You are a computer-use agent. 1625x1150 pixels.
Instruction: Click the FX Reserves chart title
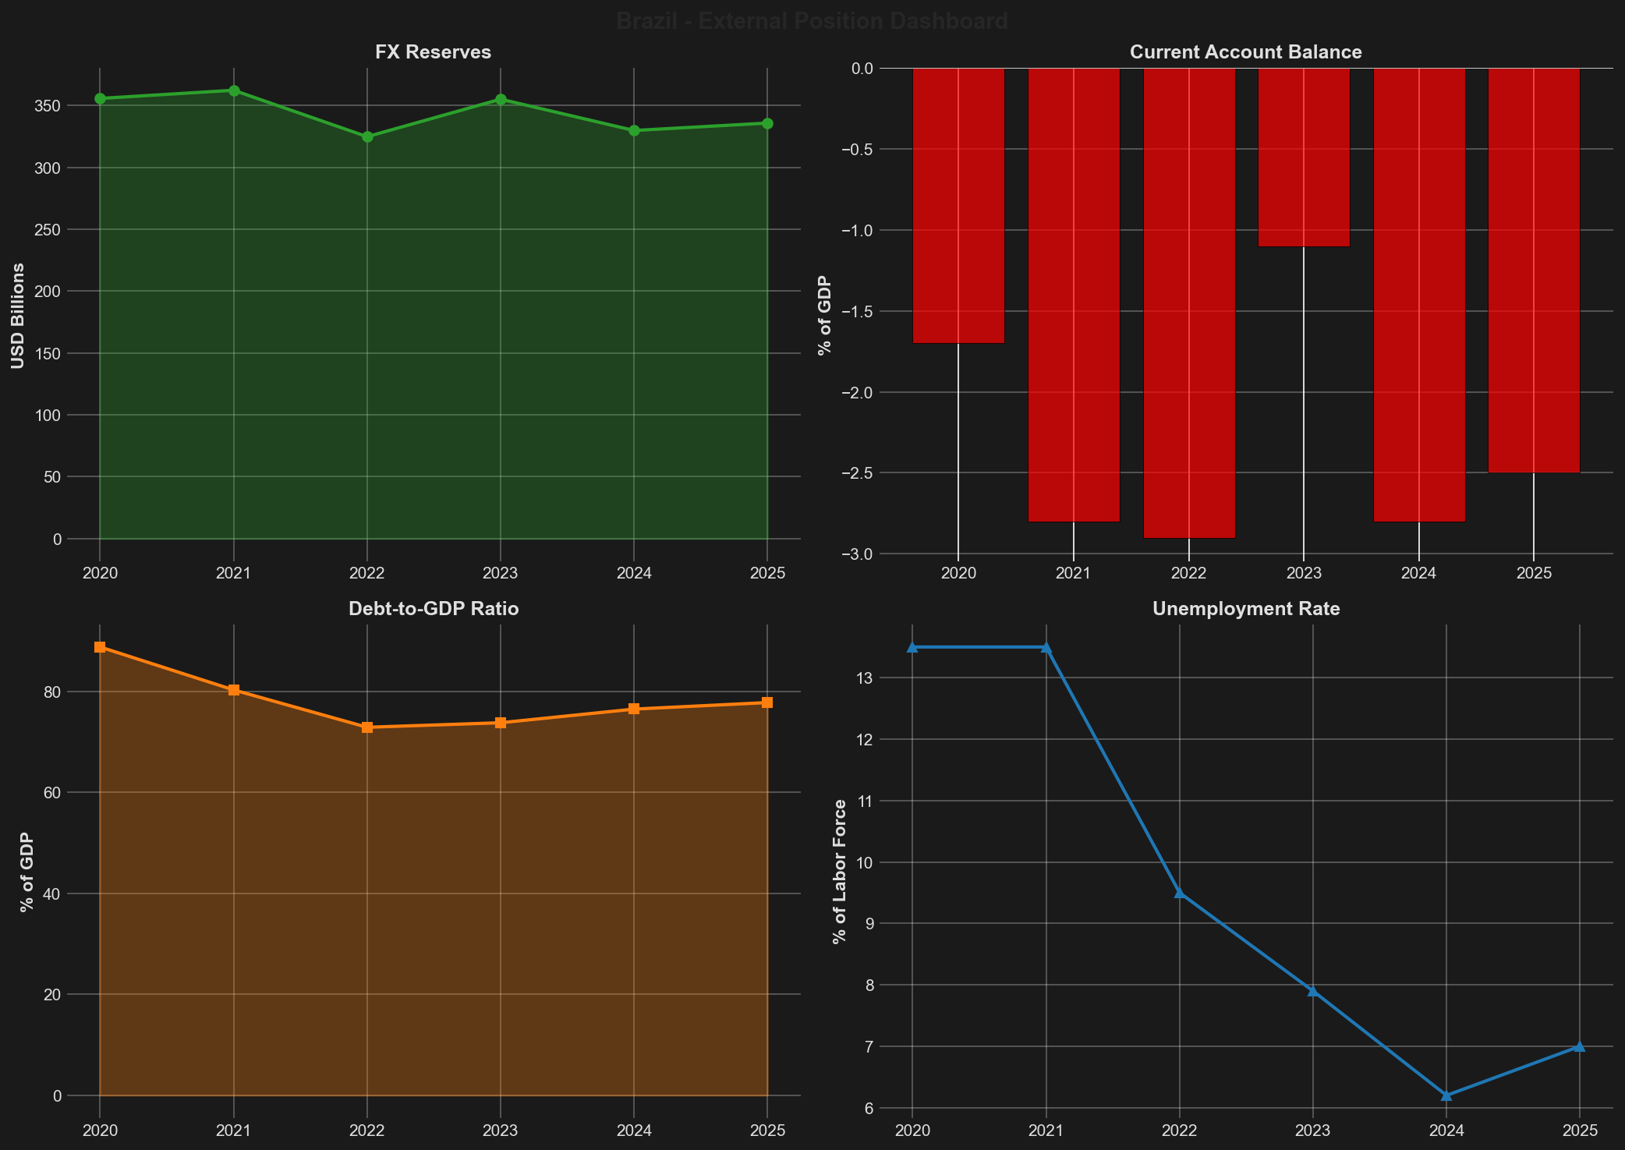tap(433, 52)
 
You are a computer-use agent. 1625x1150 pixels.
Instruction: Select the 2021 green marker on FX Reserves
tap(233, 90)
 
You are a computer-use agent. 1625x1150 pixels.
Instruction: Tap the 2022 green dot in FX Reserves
tap(367, 137)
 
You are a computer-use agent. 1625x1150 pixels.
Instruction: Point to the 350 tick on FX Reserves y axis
tap(65, 106)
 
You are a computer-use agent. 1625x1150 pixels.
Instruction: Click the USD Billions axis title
tap(18, 316)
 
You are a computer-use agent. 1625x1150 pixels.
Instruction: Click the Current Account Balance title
tap(1245, 52)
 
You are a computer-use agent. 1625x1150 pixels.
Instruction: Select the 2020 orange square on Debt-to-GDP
tap(100, 647)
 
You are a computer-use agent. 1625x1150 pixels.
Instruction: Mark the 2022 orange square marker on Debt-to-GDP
tap(367, 727)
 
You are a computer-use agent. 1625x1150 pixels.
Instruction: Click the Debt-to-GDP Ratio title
tap(434, 609)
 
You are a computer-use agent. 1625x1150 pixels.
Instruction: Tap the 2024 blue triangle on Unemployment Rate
tap(1446, 1095)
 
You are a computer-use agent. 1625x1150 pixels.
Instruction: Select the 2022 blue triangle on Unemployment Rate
tap(1180, 893)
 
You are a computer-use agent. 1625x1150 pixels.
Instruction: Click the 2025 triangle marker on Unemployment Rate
tap(1580, 1046)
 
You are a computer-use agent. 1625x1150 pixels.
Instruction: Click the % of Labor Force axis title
tap(839, 871)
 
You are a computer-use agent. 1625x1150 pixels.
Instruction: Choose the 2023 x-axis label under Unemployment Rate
tap(1313, 1131)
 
